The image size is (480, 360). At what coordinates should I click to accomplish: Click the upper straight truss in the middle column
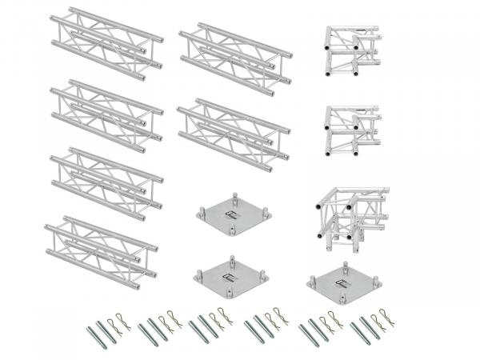pyautogui.click(x=234, y=54)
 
